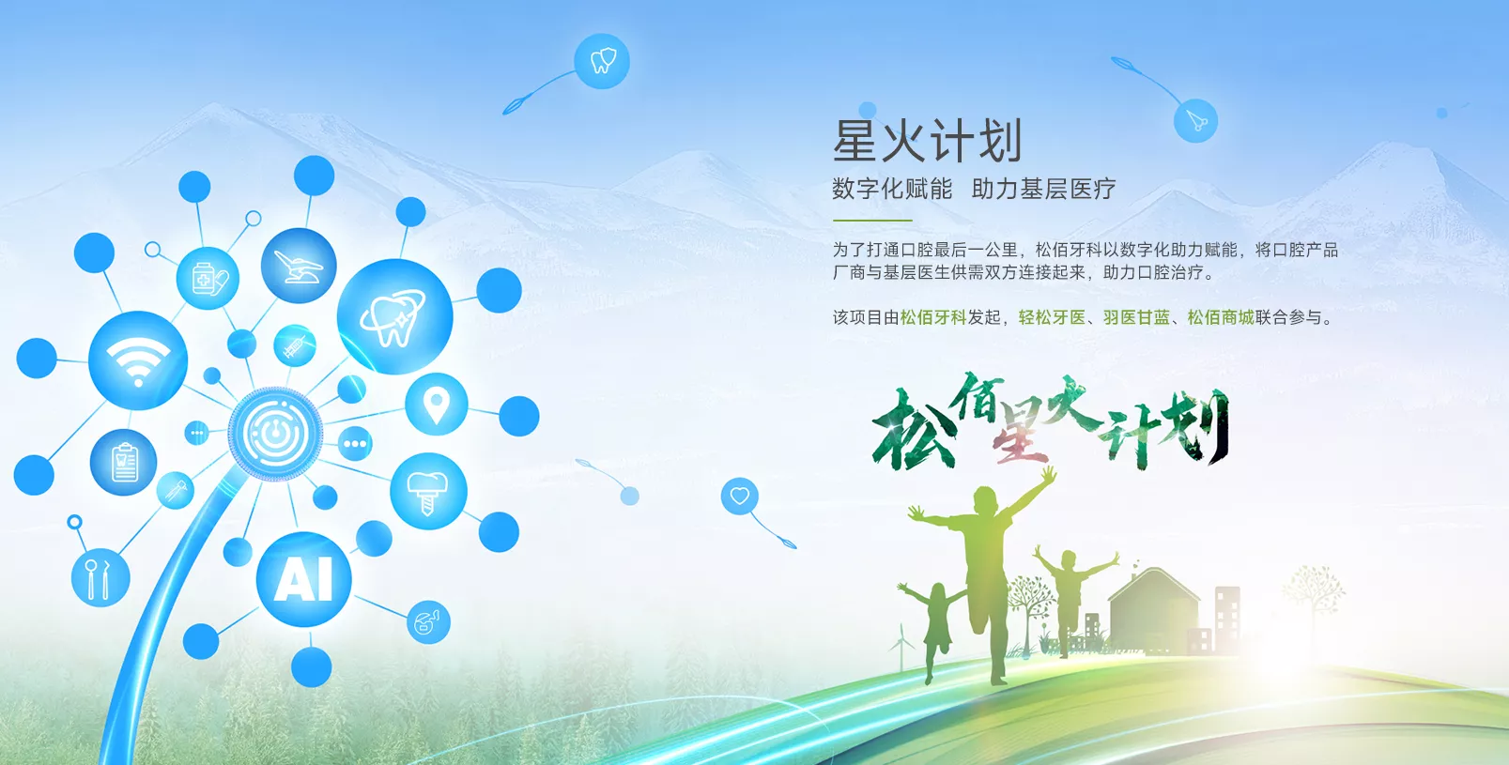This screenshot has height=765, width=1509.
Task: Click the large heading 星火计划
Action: [x=928, y=141]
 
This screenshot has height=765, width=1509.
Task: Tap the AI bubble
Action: [x=304, y=579]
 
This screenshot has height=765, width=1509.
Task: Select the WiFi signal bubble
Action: [x=138, y=360]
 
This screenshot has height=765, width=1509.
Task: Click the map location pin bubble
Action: [x=436, y=404]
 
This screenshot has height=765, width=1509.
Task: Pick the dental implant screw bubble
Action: [x=428, y=491]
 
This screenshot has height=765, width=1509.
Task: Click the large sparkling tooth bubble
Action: [x=394, y=316]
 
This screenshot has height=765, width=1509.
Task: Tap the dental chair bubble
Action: [x=299, y=266]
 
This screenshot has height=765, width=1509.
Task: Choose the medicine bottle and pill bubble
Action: [x=208, y=278]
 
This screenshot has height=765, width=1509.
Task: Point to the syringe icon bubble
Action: [x=295, y=346]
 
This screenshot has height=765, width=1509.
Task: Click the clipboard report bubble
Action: [x=123, y=462]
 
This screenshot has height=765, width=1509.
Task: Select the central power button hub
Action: [x=275, y=434]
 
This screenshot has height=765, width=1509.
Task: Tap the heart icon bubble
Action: [x=740, y=497]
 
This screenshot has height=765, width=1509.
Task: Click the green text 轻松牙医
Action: [x=1052, y=317]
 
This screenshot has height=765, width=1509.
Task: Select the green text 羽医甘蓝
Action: [x=1136, y=317]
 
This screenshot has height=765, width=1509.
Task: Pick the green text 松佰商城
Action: [x=1221, y=317]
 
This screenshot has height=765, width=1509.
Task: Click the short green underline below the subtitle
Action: [x=872, y=221]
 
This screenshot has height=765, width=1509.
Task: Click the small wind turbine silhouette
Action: [x=901, y=647]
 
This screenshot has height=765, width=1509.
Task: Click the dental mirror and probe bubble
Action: [x=100, y=578]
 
